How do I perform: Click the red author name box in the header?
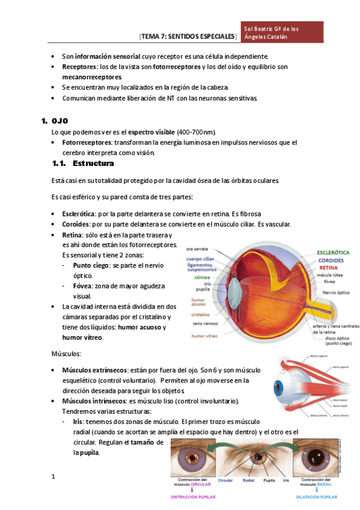pos(282,32)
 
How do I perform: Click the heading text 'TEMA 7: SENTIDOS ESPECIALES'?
pos(188,37)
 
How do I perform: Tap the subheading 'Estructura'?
pos(93,164)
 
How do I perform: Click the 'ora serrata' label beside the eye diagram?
pos(197,249)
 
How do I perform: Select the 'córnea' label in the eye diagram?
pos(201,278)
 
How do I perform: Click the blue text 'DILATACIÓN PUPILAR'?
pos(317,497)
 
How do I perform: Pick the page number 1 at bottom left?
pos(53,477)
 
